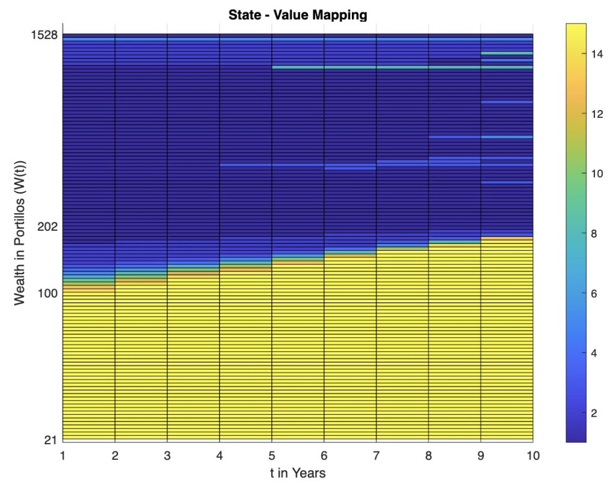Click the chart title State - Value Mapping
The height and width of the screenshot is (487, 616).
pyautogui.click(x=298, y=14)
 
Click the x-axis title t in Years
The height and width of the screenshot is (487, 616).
pyautogui.click(x=298, y=473)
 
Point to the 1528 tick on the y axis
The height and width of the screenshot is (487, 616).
pyautogui.click(x=45, y=35)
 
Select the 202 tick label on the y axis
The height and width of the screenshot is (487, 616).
pyautogui.click(x=48, y=227)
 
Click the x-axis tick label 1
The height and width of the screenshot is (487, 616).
pyautogui.click(x=63, y=456)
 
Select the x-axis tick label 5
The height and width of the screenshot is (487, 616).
pyautogui.click(x=271, y=456)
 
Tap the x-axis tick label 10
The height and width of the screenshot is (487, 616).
pyautogui.click(x=532, y=456)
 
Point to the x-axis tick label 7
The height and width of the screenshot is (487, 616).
pyautogui.click(x=376, y=456)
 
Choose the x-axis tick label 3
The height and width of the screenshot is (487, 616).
pyautogui.click(x=167, y=456)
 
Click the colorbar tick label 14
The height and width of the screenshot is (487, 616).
pyautogui.click(x=598, y=54)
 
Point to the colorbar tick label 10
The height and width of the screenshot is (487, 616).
pyautogui.click(x=598, y=174)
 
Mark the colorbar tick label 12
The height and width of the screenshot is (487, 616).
pyautogui.click(x=598, y=114)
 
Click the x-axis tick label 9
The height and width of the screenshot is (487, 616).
pyautogui.click(x=481, y=456)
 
